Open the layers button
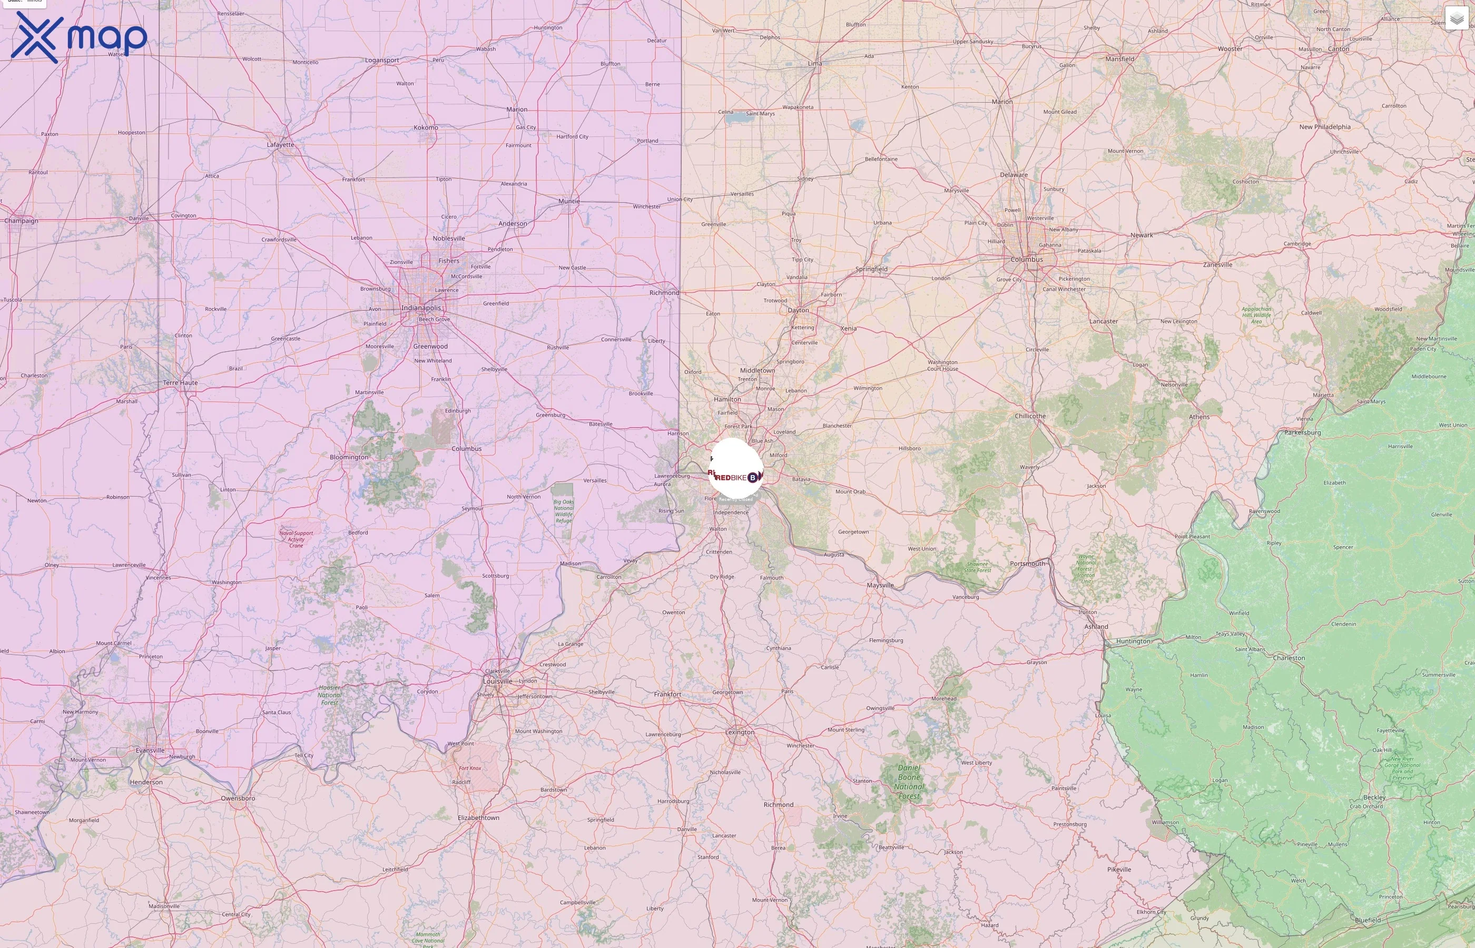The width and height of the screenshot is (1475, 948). point(1456,18)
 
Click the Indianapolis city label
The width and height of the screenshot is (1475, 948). point(421,308)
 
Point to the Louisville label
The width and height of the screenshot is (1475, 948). point(497,682)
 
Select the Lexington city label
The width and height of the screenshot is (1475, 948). point(740,732)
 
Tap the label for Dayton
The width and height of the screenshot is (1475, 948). point(799,310)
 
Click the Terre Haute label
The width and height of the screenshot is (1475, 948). point(180,382)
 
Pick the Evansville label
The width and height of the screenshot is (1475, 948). point(150,750)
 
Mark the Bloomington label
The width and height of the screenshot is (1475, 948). point(349,457)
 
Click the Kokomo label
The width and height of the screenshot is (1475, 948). point(426,127)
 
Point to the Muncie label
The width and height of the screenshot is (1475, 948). point(569,201)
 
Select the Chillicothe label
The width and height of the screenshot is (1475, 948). point(1030,416)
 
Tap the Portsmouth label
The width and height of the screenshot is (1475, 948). point(1027,563)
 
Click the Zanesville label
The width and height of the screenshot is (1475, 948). point(1218,265)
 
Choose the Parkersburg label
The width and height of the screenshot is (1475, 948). point(1303,433)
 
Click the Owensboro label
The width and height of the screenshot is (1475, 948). point(238,798)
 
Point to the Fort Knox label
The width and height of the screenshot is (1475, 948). point(470,768)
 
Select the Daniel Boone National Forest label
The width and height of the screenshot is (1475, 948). point(909,782)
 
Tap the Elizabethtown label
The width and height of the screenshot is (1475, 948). point(478,817)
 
